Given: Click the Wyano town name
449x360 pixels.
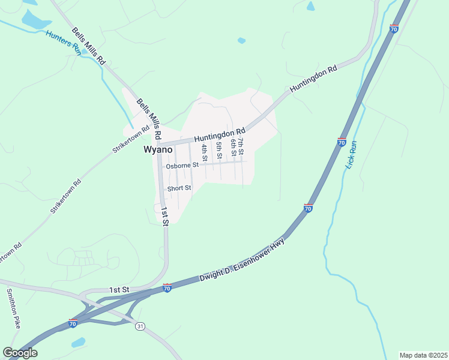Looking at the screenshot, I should pyautogui.click(x=158, y=150).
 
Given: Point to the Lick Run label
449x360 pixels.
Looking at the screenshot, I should pyautogui.click(x=352, y=155).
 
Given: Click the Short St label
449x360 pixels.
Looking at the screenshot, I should pyautogui.click(x=179, y=188).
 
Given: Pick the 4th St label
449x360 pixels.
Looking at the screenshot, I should pyautogui.click(x=204, y=153).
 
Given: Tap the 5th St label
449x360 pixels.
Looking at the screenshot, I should pyautogui.click(x=220, y=150).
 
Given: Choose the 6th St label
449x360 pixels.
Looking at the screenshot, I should pyautogui.click(x=233, y=148).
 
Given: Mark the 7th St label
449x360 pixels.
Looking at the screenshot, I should pyautogui.click(x=240, y=144).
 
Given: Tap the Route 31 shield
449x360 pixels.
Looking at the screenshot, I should pyautogui.click(x=140, y=326).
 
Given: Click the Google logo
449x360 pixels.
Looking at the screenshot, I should pyautogui.click(x=19, y=353).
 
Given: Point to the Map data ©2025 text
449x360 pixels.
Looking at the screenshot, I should pyautogui.click(x=423, y=355).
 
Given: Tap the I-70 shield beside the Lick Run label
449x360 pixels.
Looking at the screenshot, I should pyautogui.click(x=341, y=142).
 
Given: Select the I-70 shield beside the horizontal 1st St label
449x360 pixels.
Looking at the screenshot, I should pyautogui.click(x=167, y=288).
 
